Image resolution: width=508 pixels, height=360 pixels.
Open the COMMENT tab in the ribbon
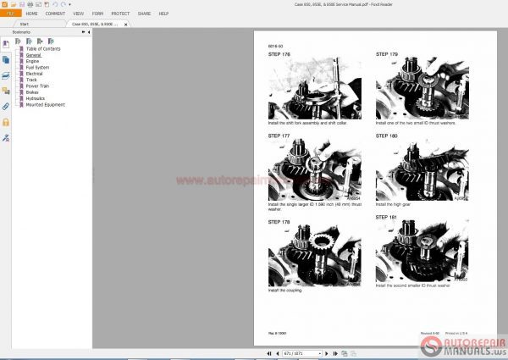click(x=54, y=14)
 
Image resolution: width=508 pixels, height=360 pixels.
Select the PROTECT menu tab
click(x=120, y=14)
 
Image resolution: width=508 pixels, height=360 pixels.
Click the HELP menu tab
click(x=163, y=14)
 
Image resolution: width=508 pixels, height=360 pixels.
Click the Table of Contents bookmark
click(x=44, y=49)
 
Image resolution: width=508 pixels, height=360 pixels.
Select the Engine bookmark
click(x=33, y=61)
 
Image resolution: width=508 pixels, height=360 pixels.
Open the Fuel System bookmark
click(x=37, y=67)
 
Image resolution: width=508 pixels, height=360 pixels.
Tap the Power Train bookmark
click(x=38, y=86)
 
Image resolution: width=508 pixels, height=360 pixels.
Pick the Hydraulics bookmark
click(x=36, y=98)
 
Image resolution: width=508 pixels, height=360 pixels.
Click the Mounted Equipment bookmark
click(x=45, y=104)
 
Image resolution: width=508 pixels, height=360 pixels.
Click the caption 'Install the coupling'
click(x=286, y=291)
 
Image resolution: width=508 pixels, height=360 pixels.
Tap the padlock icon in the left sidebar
click(x=6, y=121)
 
